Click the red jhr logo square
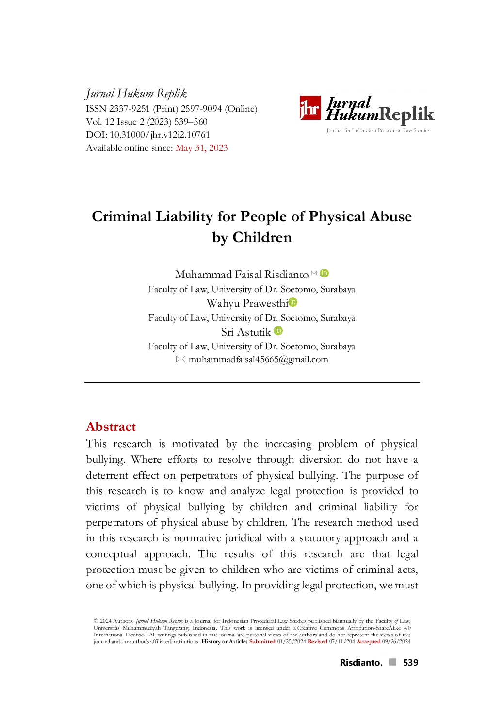click(x=309, y=108)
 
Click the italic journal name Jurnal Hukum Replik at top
click(x=136, y=93)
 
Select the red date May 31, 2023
click(x=202, y=147)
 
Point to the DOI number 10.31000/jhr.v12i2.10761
click(x=160, y=134)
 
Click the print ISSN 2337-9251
click(x=130, y=109)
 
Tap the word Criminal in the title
click(x=122, y=216)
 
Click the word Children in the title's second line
click(x=262, y=237)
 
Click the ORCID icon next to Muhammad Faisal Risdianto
click(x=325, y=273)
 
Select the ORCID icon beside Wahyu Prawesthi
click(x=293, y=302)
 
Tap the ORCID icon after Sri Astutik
click(x=278, y=331)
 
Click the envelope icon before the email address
click(x=180, y=359)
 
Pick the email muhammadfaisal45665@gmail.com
click(x=258, y=359)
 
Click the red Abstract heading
click(x=111, y=427)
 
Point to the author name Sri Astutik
click(x=246, y=332)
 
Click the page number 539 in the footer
click(x=411, y=662)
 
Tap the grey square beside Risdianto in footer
click(x=392, y=662)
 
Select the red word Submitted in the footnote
click(x=262, y=641)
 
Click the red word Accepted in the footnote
click(x=368, y=641)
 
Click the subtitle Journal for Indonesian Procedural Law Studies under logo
click(x=378, y=130)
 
